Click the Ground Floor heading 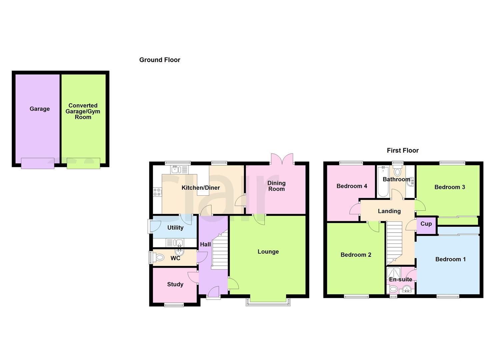click(160, 60)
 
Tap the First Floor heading click(402, 151)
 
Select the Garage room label click(39, 109)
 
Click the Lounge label click(268, 252)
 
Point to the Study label click(175, 284)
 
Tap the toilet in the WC click(159, 257)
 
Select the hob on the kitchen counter click(157, 192)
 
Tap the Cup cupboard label click(426, 224)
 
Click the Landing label click(389, 211)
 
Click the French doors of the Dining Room click(282, 159)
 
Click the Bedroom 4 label click(352, 186)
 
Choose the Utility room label click(175, 228)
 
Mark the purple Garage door click(38, 163)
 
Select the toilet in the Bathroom click(397, 171)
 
